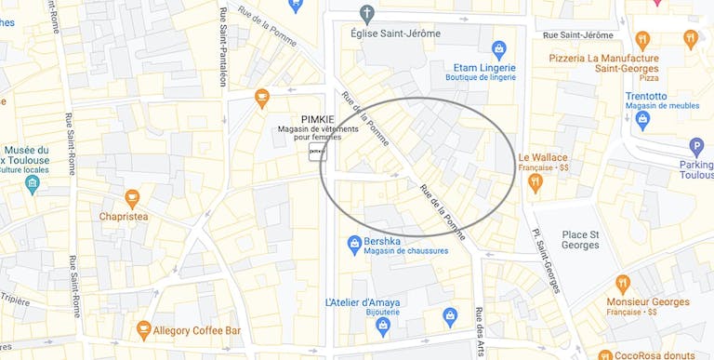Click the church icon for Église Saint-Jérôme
click(x=367, y=13)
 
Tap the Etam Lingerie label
click(x=483, y=67)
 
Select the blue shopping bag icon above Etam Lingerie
click(x=499, y=47)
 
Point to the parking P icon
click(x=696, y=146)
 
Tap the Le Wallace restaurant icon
click(x=535, y=182)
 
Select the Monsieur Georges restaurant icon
click(x=622, y=283)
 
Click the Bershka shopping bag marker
click(x=353, y=245)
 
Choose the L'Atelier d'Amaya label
click(x=363, y=302)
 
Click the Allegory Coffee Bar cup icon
click(x=143, y=329)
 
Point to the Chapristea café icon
click(x=132, y=198)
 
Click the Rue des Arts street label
click(x=480, y=330)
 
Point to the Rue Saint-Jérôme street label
click(x=577, y=35)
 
